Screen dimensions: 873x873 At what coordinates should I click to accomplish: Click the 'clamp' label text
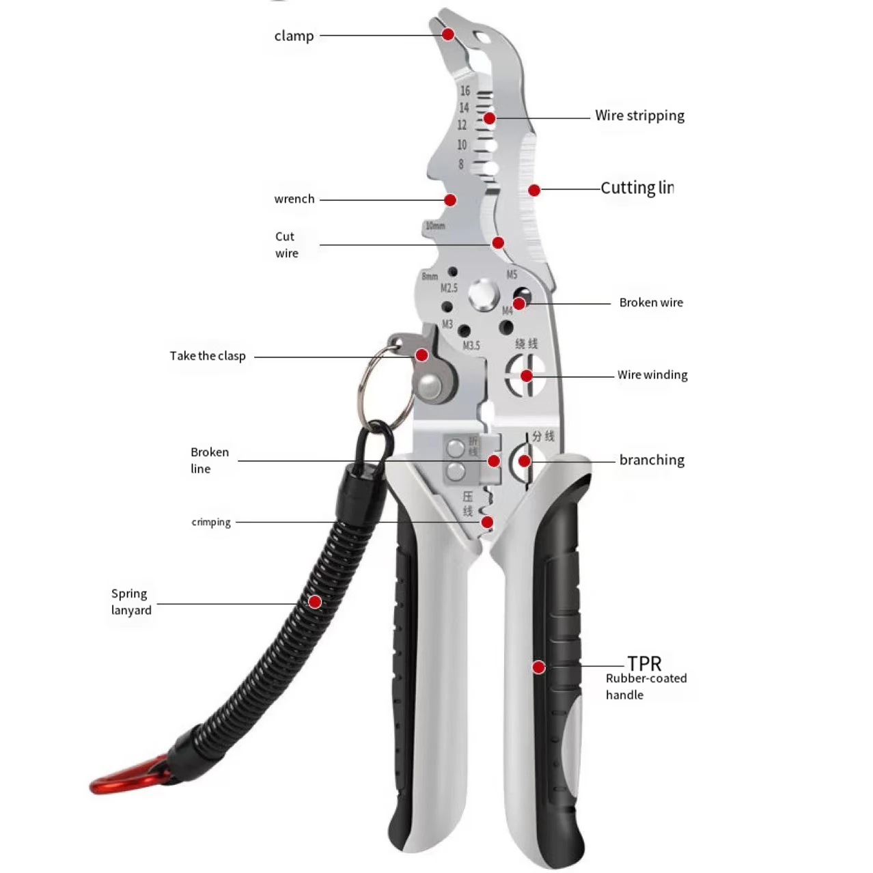tap(294, 36)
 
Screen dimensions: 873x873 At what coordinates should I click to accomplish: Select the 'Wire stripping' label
tap(639, 115)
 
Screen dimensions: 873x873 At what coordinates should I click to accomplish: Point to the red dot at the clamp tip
tap(448, 34)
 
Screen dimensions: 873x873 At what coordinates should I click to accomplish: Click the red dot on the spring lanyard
tap(315, 602)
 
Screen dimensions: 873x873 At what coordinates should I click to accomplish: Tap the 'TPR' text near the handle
tap(644, 663)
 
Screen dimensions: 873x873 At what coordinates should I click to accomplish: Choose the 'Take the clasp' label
tap(208, 356)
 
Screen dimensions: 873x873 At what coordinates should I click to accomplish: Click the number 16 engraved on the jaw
tap(465, 91)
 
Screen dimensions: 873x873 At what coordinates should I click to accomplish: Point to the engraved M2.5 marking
tap(449, 288)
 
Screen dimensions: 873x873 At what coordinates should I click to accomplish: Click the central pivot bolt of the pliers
tap(484, 294)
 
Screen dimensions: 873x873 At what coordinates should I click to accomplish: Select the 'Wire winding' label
tap(652, 375)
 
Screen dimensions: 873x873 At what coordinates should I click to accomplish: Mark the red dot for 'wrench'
tap(450, 199)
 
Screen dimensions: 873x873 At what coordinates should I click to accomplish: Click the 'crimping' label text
tap(211, 523)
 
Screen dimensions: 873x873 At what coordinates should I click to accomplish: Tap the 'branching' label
tap(652, 460)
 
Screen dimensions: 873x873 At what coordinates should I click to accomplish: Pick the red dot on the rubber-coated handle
tap(539, 667)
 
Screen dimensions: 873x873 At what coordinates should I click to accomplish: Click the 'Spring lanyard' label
tap(131, 602)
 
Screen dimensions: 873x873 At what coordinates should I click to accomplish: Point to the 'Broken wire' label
tap(651, 303)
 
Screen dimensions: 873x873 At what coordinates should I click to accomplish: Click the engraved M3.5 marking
tap(471, 346)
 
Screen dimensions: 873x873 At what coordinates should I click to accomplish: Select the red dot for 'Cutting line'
tap(534, 190)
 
